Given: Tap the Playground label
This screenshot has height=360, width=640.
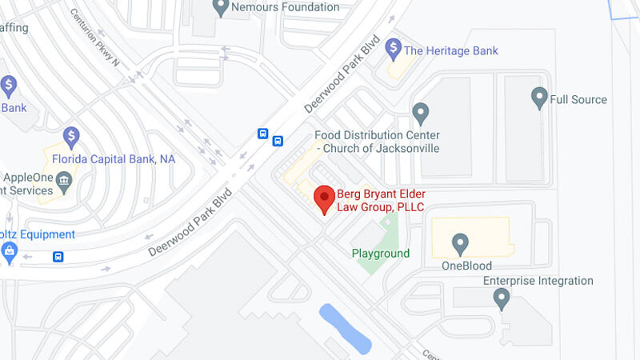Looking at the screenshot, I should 381,254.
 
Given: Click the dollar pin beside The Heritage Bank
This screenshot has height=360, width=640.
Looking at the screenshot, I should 393,49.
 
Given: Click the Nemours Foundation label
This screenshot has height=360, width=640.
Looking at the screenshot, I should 285,7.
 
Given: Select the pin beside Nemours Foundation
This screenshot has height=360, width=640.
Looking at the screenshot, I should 222,7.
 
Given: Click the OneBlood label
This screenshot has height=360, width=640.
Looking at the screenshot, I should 466,266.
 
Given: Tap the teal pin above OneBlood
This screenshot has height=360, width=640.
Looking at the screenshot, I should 460,242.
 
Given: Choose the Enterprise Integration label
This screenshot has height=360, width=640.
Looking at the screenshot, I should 538,281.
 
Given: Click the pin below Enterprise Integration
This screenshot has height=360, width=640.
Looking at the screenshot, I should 502,298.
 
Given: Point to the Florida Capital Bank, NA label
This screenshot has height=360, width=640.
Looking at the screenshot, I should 114,159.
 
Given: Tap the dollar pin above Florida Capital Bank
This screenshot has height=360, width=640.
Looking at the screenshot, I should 72,137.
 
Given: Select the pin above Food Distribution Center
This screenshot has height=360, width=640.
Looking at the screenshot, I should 420,113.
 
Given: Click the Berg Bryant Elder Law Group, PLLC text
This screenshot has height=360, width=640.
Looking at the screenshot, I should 380,201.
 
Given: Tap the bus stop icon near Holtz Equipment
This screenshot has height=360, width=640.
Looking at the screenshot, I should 58,258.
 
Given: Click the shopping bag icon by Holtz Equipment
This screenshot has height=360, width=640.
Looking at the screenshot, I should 10,253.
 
